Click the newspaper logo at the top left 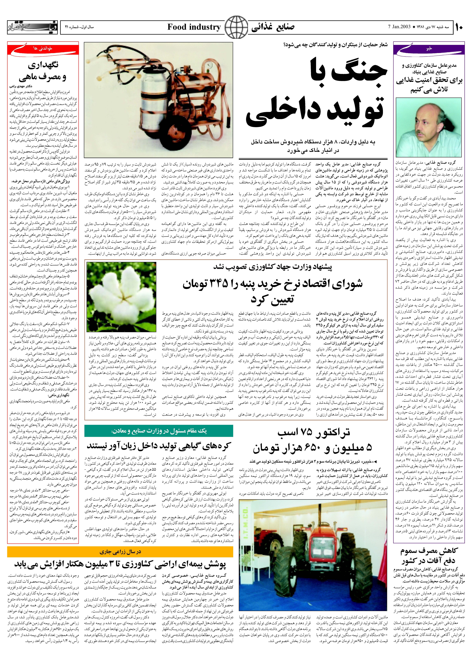coord(33,27)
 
